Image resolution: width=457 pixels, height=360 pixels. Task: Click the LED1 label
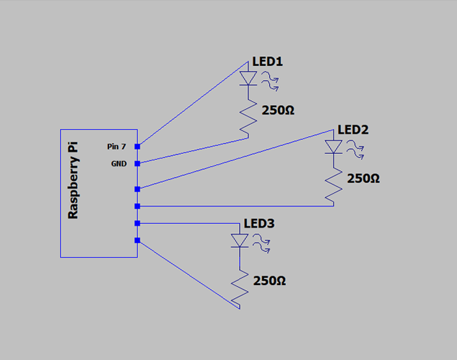click(268, 63)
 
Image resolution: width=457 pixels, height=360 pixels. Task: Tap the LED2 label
click(353, 130)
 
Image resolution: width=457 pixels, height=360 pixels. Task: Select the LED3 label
click(259, 224)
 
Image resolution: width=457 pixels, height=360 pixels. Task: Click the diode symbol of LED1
click(247, 78)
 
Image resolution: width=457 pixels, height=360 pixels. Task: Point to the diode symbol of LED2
click(333, 147)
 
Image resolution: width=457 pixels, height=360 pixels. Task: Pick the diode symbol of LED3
click(240, 241)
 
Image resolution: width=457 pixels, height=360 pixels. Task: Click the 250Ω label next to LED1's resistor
click(278, 110)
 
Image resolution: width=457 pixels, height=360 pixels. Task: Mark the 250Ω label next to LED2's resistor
click(363, 178)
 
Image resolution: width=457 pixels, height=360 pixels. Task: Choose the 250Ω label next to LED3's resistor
click(270, 281)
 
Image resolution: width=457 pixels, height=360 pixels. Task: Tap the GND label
click(119, 164)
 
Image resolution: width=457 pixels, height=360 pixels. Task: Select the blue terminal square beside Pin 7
click(137, 147)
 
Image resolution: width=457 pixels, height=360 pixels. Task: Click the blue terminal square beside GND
click(137, 163)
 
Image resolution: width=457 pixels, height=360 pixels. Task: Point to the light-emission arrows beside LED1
click(270, 82)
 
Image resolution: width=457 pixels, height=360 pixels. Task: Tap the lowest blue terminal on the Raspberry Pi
click(137, 240)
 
